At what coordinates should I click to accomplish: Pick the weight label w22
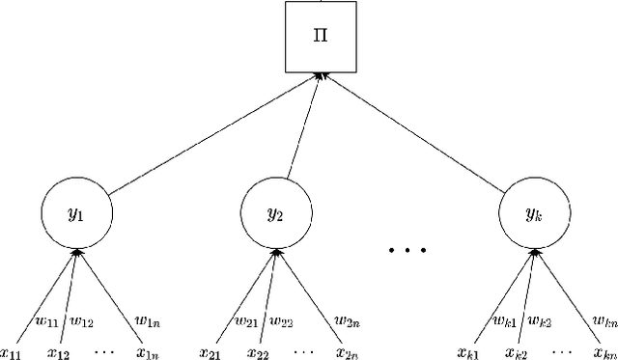[x=280, y=320]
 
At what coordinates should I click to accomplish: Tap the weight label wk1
[x=504, y=320]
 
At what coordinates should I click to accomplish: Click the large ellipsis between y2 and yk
[x=407, y=250]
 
